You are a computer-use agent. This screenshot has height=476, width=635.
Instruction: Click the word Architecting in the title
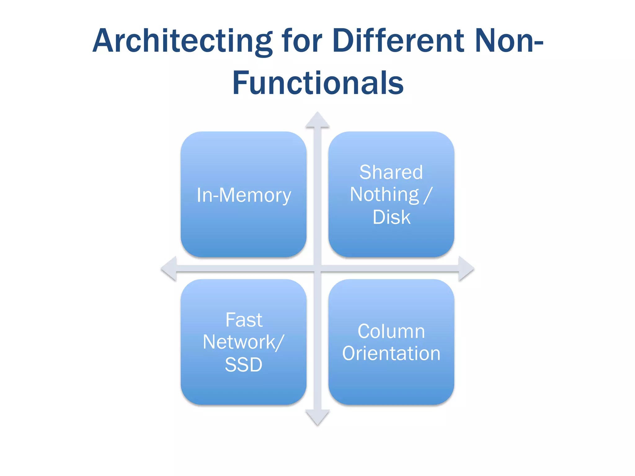182,41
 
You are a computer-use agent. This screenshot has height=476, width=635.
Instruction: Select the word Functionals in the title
318,83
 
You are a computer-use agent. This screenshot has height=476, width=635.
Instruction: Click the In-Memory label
244,195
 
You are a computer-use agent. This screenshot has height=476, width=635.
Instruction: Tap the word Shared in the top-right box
391,172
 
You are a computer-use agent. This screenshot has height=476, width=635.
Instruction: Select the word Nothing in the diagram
384,195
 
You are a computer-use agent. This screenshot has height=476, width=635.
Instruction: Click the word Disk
391,217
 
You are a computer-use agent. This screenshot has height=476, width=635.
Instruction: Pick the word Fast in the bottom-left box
244,320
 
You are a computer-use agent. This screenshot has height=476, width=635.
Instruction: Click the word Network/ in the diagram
243,342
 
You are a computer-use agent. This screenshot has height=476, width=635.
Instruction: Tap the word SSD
243,364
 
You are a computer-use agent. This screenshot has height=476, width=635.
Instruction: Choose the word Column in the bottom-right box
391,331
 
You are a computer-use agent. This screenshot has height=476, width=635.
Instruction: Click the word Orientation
391,353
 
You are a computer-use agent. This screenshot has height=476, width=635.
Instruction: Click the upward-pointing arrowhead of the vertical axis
317,120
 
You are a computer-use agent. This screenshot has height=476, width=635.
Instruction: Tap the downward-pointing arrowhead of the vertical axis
317,417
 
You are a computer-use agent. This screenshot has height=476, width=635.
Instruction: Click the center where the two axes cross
317,268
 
